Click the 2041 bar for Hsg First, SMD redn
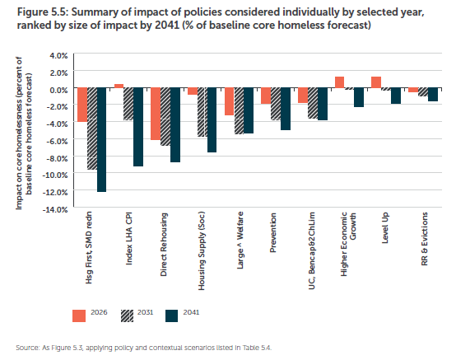pyautogui.click(x=101, y=140)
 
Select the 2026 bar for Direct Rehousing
pyautogui.click(x=156, y=114)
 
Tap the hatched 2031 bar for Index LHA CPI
pyautogui.click(x=128, y=104)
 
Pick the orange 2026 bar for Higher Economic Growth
pyautogui.click(x=339, y=82)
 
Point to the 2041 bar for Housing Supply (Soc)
pyautogui.click(x=212, y=120)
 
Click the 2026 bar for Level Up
pyautogui.click(x=376, y=82)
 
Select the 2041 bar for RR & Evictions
pyautogui.click(x=433, y=95)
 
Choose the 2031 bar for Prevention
pyautogui.click(x=276, y=104)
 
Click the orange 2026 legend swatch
pyautogui.click(x=79, y=316)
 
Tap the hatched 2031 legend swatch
pyautogui.click(x=127, y=316)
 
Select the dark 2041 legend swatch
pyautogui.click(x=171, y=316)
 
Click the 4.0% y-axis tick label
pyautogui.click(x=58, y=55)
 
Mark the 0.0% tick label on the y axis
pyautogui.click(x=58, y=90)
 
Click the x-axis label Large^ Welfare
pyautogui.click(x=240, y=241)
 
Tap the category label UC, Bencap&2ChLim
pyautogui.click(x=311, y=251)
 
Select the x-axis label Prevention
pyautogui.click(x=273, y=232)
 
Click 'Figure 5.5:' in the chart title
pyautogui.click(x=43, y=12)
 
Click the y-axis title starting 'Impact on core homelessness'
pyautogui.click(x=24, y=133)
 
